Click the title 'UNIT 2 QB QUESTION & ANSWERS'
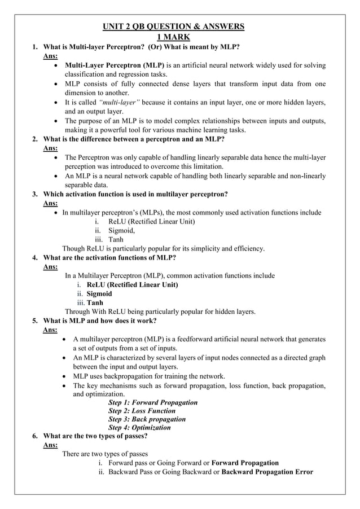[173, 27]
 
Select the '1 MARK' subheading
[173, 37]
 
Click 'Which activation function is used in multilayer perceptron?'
[135, 194]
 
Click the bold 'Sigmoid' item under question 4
[99, 293]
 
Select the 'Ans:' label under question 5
[50, 330]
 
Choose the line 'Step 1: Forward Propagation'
[152, 402]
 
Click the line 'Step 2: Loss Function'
[142, 411]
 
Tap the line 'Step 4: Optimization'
[139, 428]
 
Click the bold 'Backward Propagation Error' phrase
[267, 472]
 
